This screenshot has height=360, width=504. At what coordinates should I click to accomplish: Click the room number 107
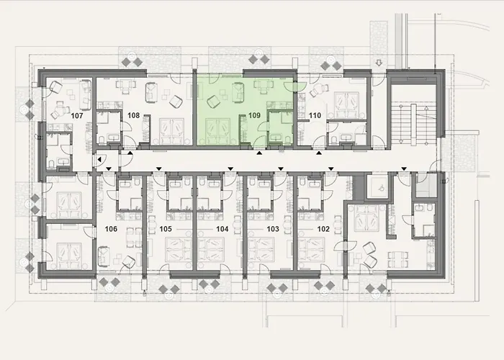(x=78, y=115)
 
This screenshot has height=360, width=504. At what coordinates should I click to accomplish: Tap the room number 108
(x=133, y=115)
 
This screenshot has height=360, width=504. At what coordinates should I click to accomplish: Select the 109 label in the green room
(x=254, y=115)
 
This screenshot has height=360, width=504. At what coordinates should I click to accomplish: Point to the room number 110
(x=314, y=115)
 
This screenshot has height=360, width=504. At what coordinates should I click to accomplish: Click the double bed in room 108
(x=173, y=128)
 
